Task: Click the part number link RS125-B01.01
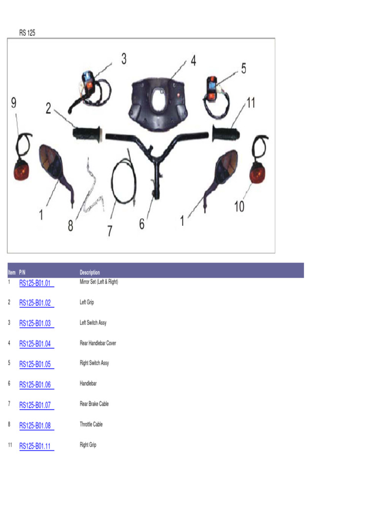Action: tap(35, 283)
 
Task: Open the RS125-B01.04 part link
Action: tap(35, 344)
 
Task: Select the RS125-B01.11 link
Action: tap(35, 446)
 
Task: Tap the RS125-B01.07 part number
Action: tap(35, 405)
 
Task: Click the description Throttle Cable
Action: tap(91, 424)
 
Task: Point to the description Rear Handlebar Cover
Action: tap(98, 343)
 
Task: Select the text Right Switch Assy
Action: tap(94, 363)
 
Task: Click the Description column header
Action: tap(90, 272)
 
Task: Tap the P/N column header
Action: tap(22, 272)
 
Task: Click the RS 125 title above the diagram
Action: tap(27, 33)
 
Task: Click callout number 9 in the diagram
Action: tap(13, 103)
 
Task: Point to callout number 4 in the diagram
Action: tap(193, 60)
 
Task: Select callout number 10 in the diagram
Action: tap(239, 207)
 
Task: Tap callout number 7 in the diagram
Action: tap(110, 231)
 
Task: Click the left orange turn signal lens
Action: tap(21, 171)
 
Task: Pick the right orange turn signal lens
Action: tap(257, 174)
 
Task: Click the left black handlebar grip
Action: tap(87, 134)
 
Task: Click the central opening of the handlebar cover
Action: tap(159, 100)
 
